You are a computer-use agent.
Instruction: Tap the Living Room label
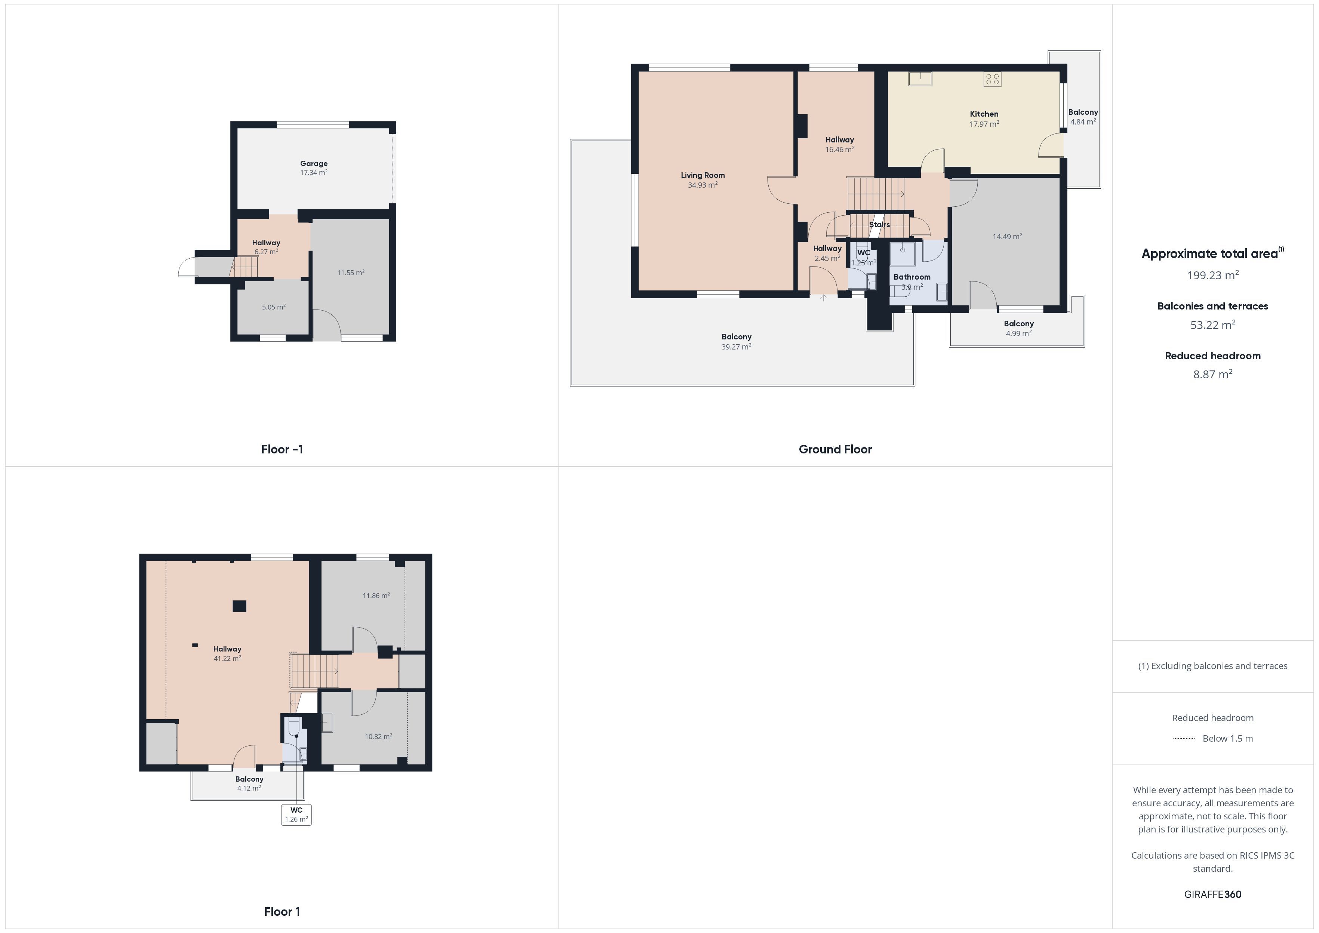pyautogui.click(x=702, y=175)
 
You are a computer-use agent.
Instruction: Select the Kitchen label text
pyautogui.click(x=984, y=114)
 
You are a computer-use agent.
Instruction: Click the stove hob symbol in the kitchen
pyautogui.click(x=992, y=79)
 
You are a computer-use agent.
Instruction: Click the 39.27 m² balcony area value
pyautogui.click(x=737, y=347)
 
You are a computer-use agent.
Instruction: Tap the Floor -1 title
pyautogui.click(x=282, y=449)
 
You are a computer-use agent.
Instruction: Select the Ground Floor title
pyautogui.click(x=835, y=449)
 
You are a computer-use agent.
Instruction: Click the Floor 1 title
pyautogui.click(x=282, y=911)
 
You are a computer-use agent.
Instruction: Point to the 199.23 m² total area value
pyautogui.click(x=1213, y=275)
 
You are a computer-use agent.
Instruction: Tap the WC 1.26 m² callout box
pyautogui.click(x=296, y=815)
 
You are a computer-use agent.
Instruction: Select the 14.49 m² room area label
pyautogui.click(x=1008, y=237)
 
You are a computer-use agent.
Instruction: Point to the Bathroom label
pyautogui.click(x=912, y=277)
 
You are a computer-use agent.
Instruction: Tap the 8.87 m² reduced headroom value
pyautogui.click(x=1213, y=375)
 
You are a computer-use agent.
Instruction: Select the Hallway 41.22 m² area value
pyautogui.click(x=227, y=658)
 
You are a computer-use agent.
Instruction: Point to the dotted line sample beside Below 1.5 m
pyautogui.click(x=1183, y=738)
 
